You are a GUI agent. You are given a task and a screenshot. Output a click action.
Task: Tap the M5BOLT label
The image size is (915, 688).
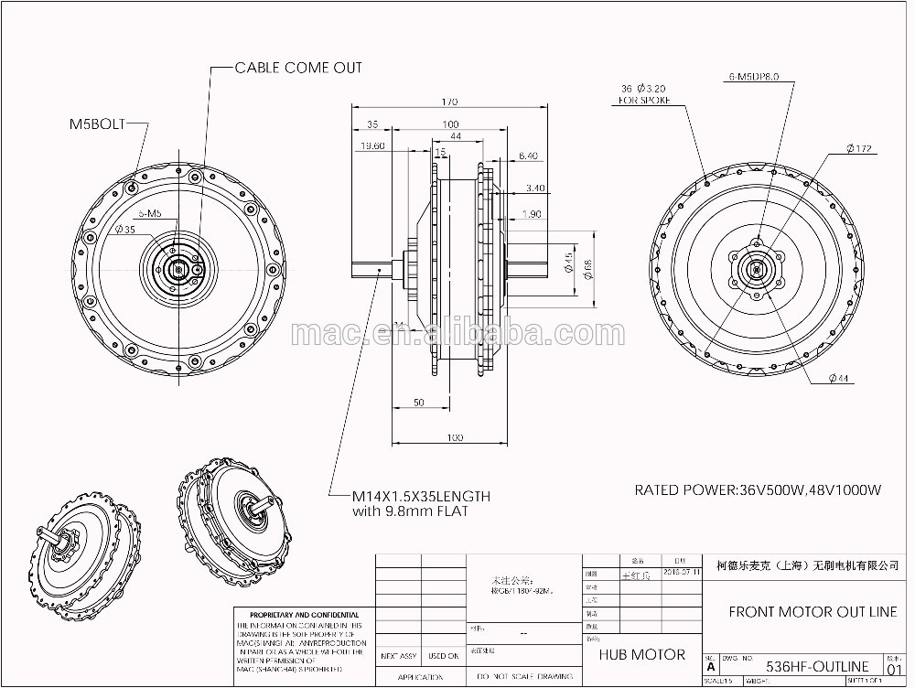97,123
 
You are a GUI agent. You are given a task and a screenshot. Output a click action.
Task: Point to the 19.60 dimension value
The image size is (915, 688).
372,145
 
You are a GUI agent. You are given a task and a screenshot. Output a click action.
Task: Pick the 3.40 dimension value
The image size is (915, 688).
535,189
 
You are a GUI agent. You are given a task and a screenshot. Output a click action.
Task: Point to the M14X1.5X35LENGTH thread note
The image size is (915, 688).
421,497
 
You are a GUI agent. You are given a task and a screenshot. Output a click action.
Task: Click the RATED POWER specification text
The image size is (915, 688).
758,490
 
